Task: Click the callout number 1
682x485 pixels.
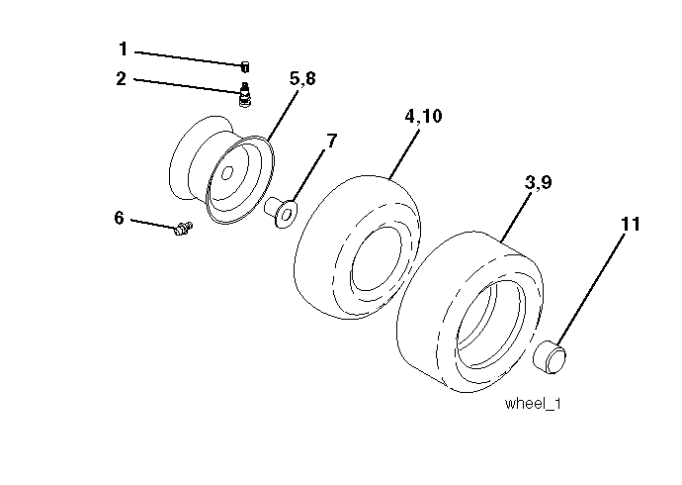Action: tap(124, 48)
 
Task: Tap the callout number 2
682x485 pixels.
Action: tap(122, 79)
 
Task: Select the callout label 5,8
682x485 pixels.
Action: tap(302, 79)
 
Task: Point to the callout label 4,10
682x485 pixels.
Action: tap(423, 116)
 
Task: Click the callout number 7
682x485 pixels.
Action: tap(331, 141)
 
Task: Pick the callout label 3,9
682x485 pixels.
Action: tap(538, 182)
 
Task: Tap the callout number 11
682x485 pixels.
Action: tap(631, 225)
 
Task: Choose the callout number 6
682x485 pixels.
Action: tap(120, 218)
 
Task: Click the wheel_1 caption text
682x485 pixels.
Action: tap(533, 404)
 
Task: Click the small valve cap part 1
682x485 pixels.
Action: tap(245, 66)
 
